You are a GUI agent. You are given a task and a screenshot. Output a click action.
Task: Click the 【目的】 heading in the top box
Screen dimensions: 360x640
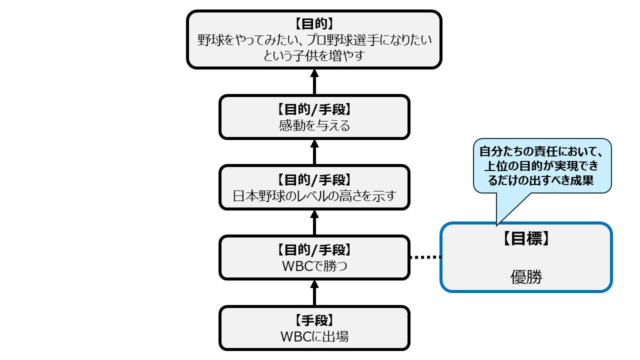pyautogui.click(x=314, y=23)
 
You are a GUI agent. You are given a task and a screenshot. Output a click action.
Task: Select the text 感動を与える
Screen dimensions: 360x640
pyautogui.click(x=314, y=125)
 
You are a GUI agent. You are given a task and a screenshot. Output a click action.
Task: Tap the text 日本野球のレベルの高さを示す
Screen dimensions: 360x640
pyautogui.click(x=314, y=195)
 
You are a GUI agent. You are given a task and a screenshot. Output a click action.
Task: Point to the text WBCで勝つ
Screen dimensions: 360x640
pyautogui.click(x=314, y=266)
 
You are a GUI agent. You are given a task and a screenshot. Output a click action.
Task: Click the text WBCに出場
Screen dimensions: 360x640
pyautogui.click(x=314, y=336)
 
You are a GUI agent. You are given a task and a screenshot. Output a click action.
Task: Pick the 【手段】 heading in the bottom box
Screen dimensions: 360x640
pyautogui.click(x=314, y=320)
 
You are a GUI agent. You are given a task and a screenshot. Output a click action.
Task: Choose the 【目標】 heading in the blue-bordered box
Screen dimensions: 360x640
pyautogui.click(x=526, y=239)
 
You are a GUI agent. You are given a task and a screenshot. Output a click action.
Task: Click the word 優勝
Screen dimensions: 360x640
pyautogui.click(x=526, y=277)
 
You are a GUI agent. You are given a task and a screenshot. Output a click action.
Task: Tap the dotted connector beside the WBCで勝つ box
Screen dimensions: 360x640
pyautogui.click(x=425, y=257)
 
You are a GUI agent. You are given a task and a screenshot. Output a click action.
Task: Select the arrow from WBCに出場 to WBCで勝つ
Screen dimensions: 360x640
pyautogui.click(x=314, y=292)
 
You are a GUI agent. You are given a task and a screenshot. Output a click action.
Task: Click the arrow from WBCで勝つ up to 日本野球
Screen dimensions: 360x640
pyautogui.click(x=314, y=222)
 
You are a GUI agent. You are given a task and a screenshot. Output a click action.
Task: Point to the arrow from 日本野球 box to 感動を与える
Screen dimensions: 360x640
pyautogui.click(x=314, y=152)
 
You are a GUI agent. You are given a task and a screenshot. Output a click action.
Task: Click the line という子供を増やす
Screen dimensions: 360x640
pyautogui.click(x=314, y=55)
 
